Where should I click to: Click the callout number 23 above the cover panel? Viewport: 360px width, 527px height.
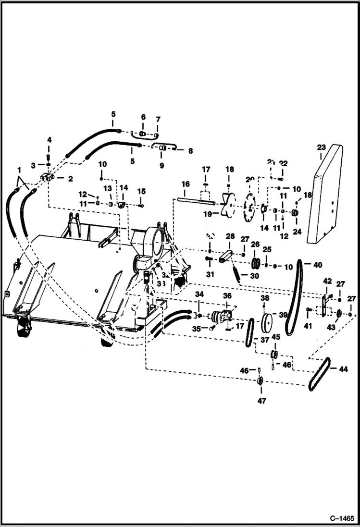322,147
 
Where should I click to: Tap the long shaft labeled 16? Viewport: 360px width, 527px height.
197,201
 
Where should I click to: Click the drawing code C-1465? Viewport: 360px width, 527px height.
342,519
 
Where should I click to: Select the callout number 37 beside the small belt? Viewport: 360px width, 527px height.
264,340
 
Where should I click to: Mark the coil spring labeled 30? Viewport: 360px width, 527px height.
237,272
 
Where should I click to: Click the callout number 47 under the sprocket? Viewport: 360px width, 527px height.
261,400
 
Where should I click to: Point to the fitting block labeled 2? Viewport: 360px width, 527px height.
48,178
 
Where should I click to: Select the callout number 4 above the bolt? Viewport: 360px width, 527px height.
49,140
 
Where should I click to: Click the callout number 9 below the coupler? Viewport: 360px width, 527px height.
161,165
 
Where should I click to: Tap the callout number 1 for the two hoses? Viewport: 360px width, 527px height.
19,170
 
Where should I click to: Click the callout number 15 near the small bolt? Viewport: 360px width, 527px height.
141,191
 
